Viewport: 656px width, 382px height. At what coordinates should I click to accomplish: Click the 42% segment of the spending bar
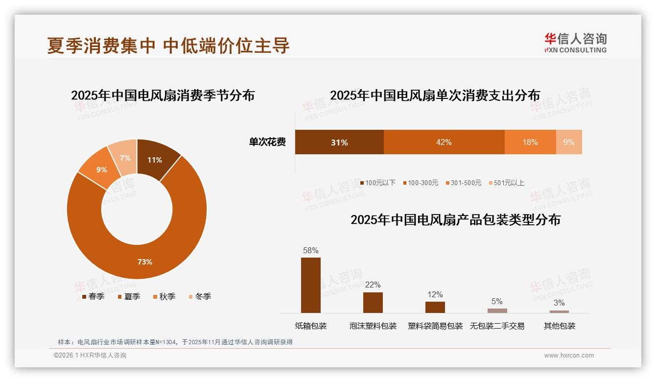[x=444, y=142]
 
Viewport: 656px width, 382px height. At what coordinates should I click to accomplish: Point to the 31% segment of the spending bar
[x=339, y=142]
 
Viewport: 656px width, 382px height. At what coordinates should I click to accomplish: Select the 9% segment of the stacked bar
[x=569, y=142]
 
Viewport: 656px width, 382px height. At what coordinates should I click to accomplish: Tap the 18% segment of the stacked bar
[x=530, y=142]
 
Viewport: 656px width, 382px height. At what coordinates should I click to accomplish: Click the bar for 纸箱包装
[x=310, y=285]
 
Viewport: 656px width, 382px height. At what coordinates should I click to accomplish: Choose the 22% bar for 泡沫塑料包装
[x=373, y=302]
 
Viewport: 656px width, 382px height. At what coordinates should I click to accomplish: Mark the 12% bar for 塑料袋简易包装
[x=435, y=307]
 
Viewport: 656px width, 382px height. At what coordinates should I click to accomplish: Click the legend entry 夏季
[x=129, y=296]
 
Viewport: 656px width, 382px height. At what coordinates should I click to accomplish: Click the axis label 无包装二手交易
[x=497, y=326]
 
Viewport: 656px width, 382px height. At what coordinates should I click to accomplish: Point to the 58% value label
[x=310, y=250]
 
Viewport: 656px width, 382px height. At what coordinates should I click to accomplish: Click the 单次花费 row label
[x=267, y=142]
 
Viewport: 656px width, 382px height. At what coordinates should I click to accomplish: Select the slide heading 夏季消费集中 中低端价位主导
[x=168, y=45]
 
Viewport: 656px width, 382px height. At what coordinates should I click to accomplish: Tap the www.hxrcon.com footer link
[x=568, y=356]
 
